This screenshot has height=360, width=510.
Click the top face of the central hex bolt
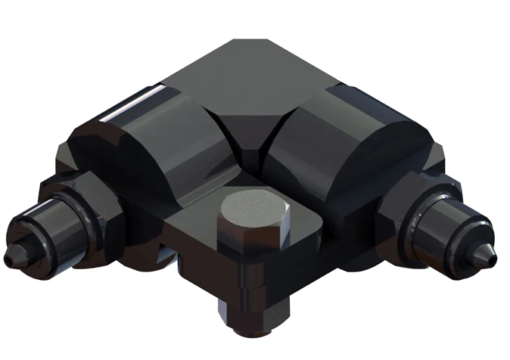point(253,206)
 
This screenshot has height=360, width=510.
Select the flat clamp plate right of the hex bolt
point(306,227)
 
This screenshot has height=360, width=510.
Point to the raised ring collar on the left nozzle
point(64,219)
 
